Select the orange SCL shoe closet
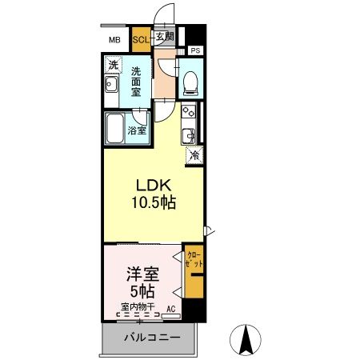(x=140, y=38)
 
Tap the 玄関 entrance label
(x=164, y=37)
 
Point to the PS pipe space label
(x=196, y=50)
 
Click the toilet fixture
(x=190, y=80)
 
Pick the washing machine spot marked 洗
(x=114, y=65)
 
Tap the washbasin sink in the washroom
(x=113, y=86)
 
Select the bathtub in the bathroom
(x=117, y=129)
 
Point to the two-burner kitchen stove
(x=189, y=112)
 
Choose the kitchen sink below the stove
(x=190, y=133)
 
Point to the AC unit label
(x=170, y=307)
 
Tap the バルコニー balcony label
(x=150, y=338)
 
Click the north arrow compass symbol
(x=248, y=341)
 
